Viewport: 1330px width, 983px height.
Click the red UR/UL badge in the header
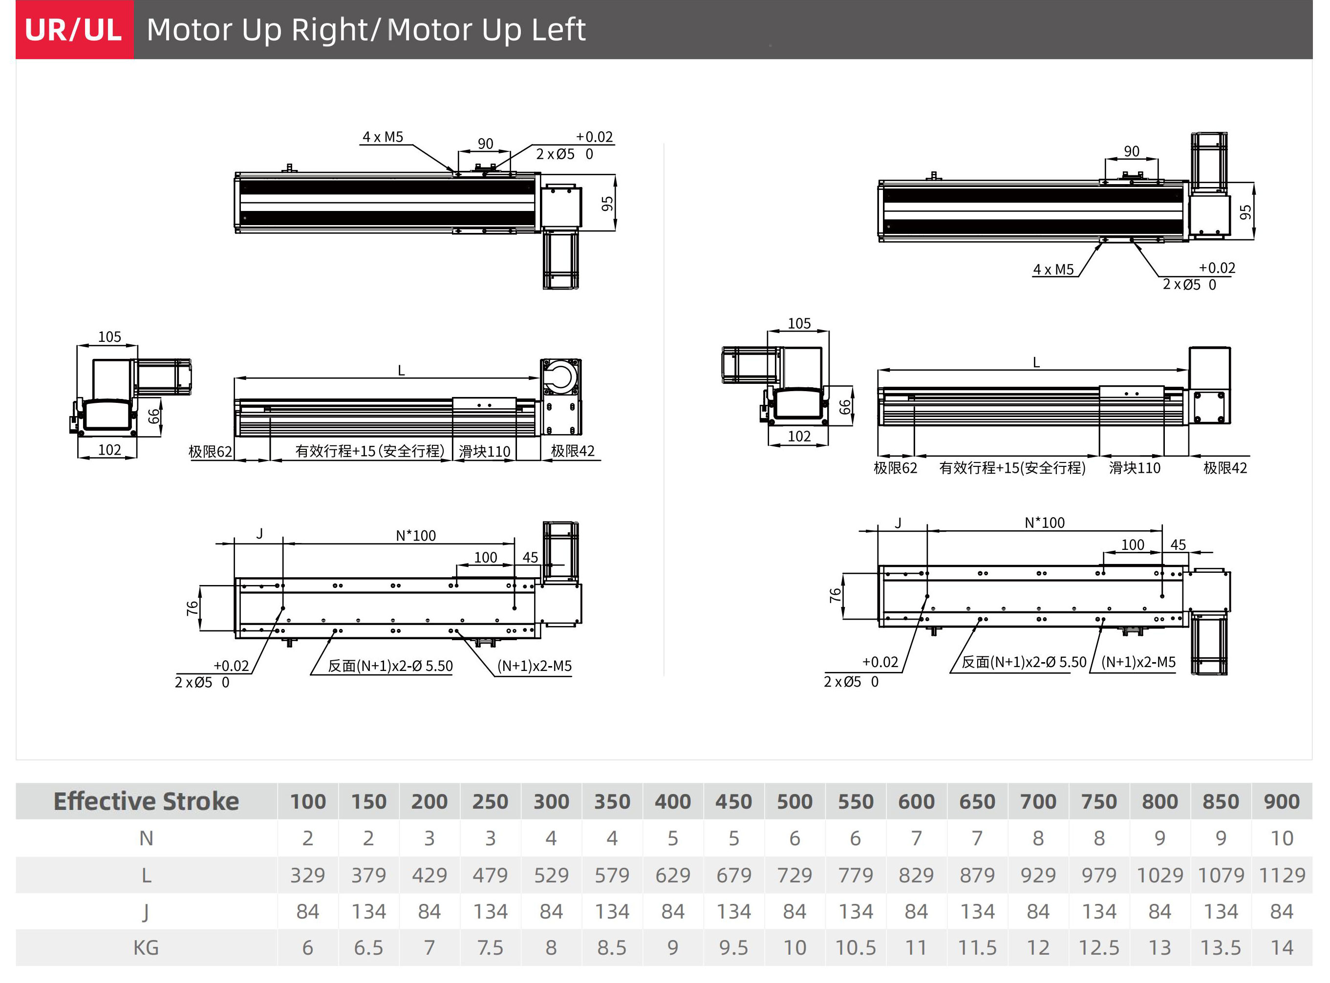tap(74, 30)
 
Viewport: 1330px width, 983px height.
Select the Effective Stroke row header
tap(147, 801)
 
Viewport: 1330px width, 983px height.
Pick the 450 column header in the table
tap(733, 801)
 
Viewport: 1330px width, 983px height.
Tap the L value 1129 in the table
tap(1282, 875)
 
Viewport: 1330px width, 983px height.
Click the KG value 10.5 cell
tap(856, 948)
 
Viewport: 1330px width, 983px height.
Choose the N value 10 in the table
tap(1282, 838)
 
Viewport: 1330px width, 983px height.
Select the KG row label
tap(146, 948)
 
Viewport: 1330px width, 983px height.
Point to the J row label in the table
tap(146, 912)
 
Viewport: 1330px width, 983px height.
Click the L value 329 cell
tap(308, 875)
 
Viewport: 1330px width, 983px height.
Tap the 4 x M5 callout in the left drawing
tap(383, 137)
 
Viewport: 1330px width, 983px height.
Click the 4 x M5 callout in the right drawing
tap(1053, 270)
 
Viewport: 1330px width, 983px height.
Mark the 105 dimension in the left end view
tap(109, 337)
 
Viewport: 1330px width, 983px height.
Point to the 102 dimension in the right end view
tap(799, 436)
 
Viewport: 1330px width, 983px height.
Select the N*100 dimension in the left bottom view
tap(415, 536)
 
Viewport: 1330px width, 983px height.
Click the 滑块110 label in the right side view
tap(1135, 468)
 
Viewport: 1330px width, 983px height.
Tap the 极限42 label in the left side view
tap(573, 451)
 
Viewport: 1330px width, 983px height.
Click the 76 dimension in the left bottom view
tap(192, 608)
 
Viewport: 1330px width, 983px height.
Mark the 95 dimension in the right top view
tap(1245, 212)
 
